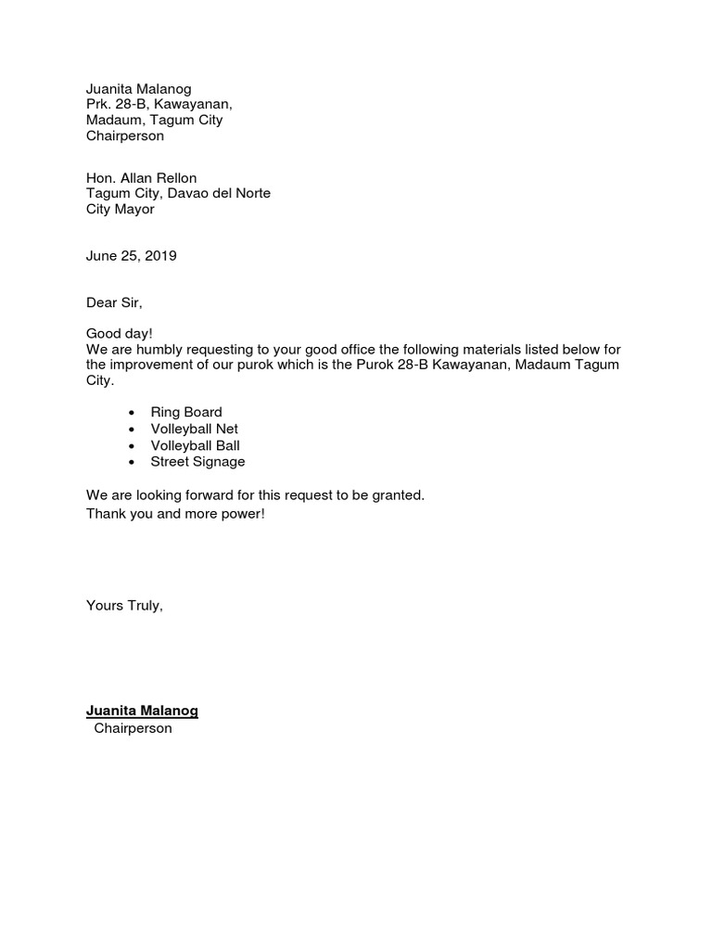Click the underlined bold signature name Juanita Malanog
142,712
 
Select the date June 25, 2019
131,256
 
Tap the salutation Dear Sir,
115,302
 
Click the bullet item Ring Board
186,412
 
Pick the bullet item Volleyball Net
194,429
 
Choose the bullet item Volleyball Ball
195,445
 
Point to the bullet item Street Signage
197,462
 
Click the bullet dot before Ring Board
132,413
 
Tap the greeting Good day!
120,333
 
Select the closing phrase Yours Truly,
124,606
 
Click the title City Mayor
121,210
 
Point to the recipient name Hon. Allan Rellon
141,178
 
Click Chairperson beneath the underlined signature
133,729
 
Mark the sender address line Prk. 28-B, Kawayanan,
159,105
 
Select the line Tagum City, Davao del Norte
178,194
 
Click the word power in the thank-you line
240,513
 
